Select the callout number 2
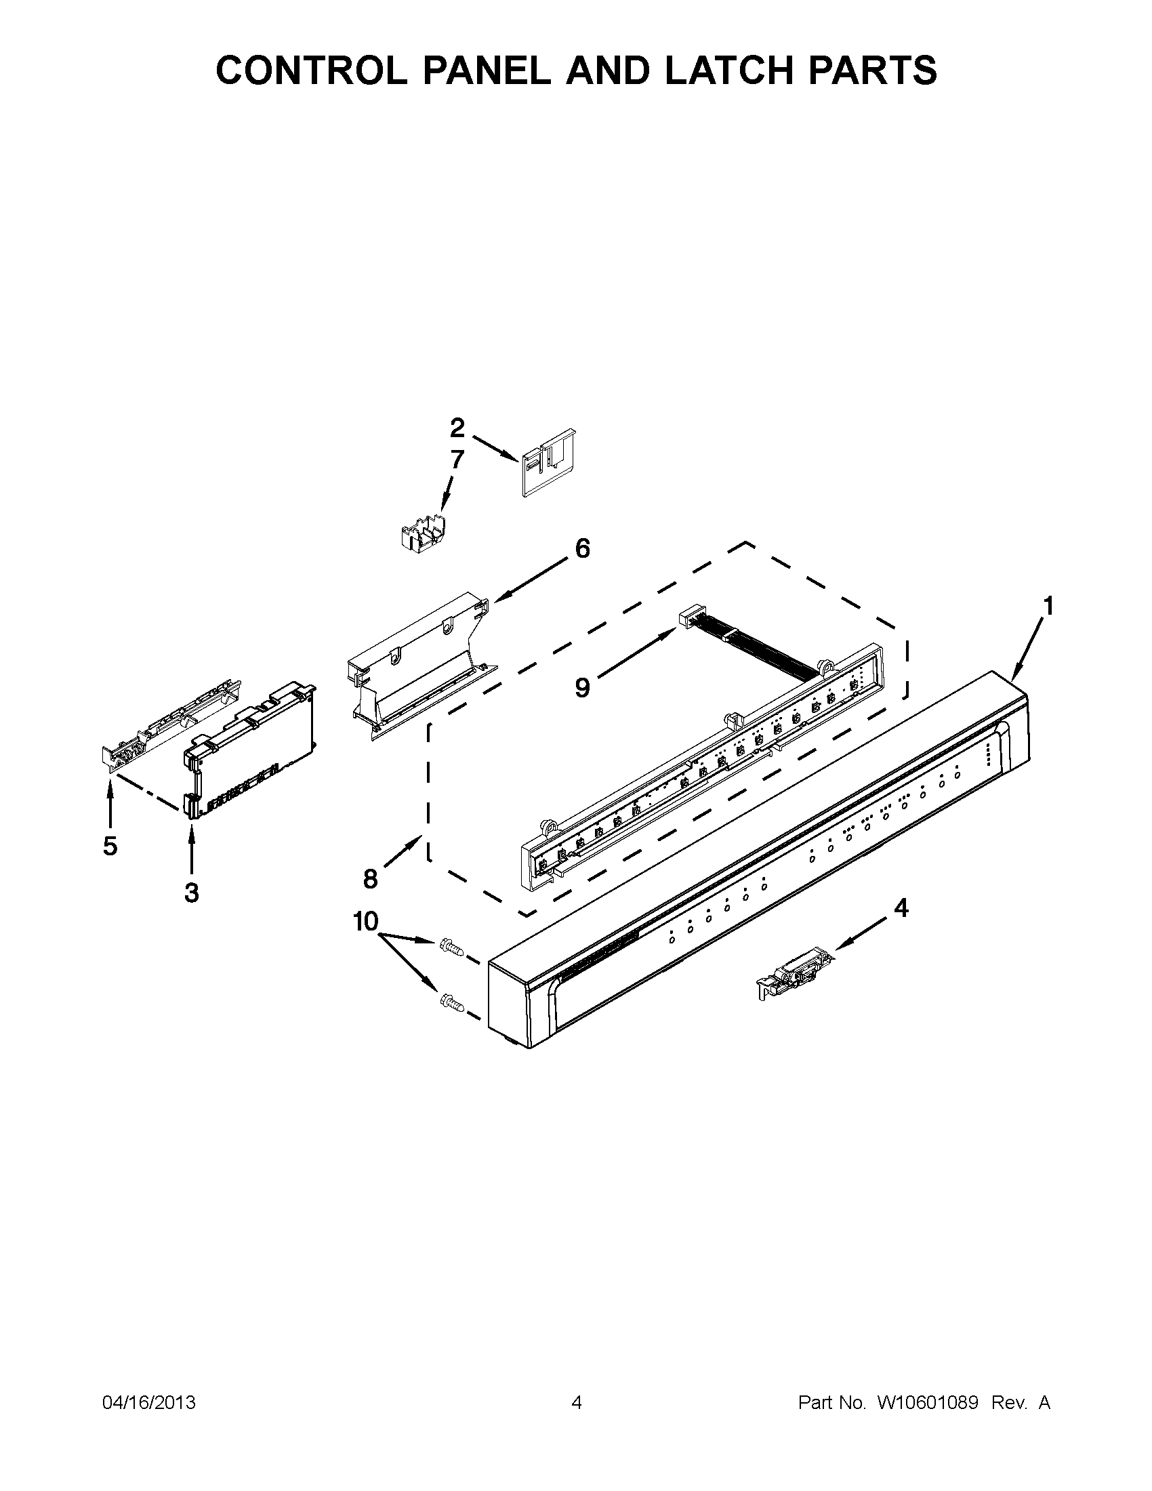[x=457, y=428]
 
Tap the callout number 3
[x=192, y=892]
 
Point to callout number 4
[x=901, y=908]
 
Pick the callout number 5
[x=110, y=846]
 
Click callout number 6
[x=582, y=548]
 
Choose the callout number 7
[x=457, y=459]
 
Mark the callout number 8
[x=370, y=879]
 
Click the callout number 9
[x=581, y=687]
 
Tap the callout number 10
[x=365, y=922]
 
